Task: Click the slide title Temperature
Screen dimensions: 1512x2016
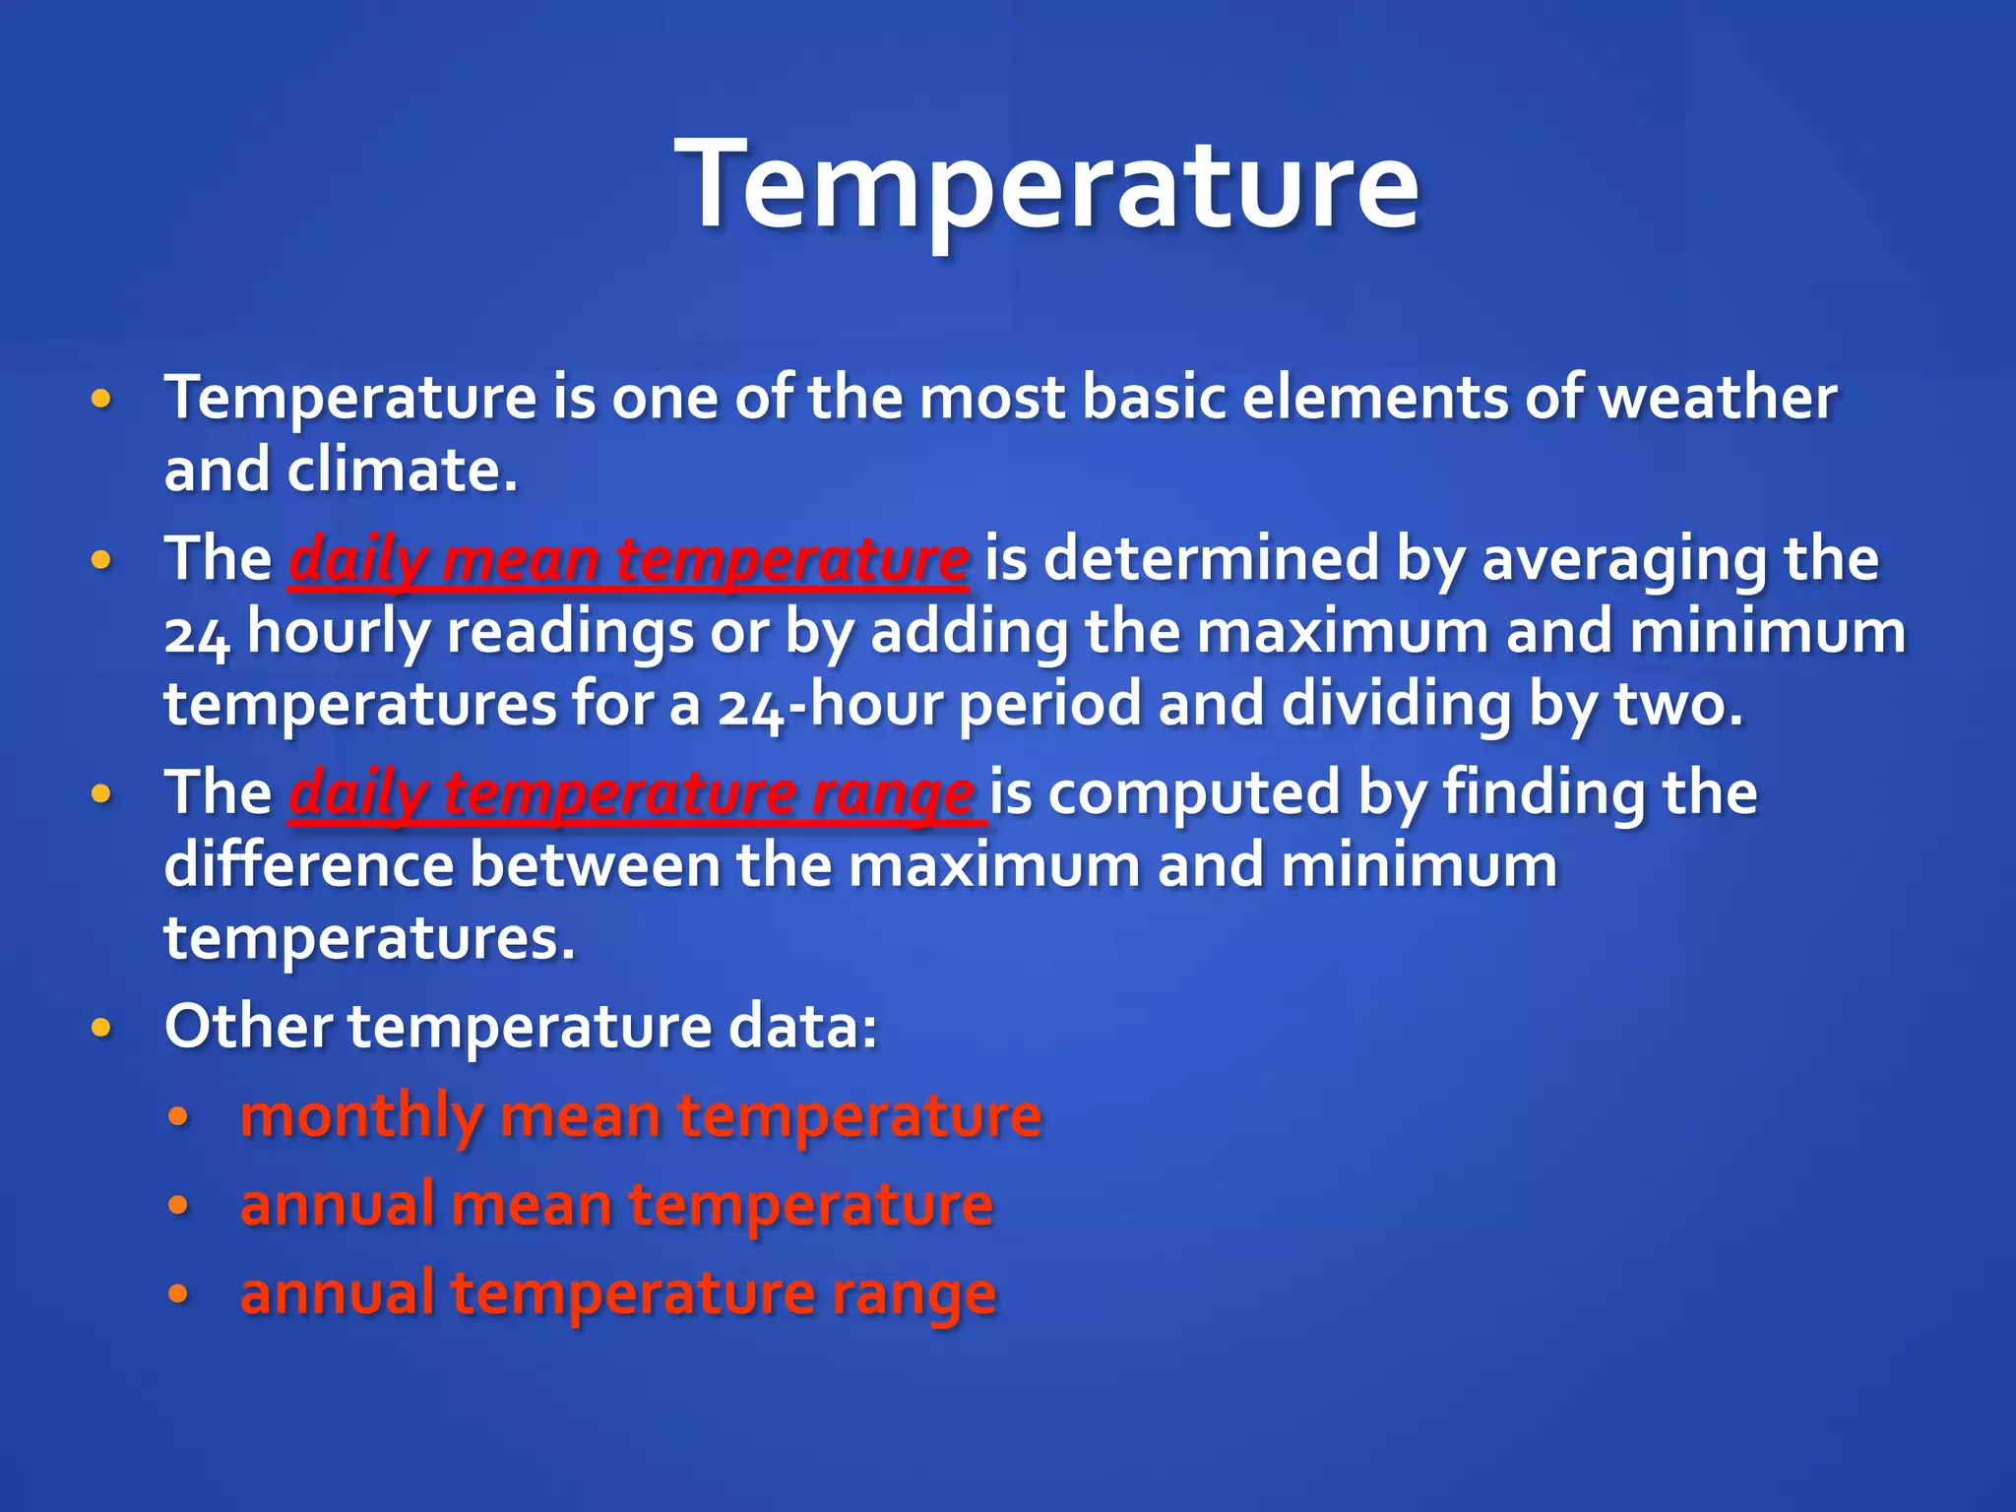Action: [x=1046, y=184]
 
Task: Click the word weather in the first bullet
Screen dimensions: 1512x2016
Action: [x=1717, y=398]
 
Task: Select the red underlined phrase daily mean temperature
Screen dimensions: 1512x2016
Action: [x=628, y=559]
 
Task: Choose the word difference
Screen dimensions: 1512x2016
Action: [x=308, y=865]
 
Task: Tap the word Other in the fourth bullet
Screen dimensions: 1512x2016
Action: [x=248, y=1027]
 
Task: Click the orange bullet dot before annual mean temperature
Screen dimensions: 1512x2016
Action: [x=178, y=1205]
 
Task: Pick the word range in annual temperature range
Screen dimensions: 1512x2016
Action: [x=913, y=1293]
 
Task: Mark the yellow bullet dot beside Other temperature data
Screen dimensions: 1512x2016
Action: [x=100, y=1028]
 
